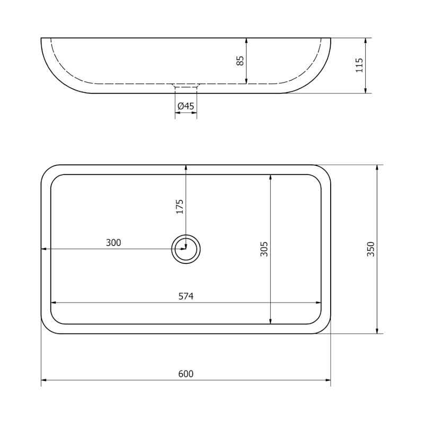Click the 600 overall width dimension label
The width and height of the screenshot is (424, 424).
coord(186,374)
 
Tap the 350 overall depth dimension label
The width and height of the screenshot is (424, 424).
coord(370,249)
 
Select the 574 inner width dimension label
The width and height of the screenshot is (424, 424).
coord(186,296)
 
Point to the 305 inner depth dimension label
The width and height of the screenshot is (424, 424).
coord(263,249)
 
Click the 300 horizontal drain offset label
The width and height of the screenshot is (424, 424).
coord(113,243)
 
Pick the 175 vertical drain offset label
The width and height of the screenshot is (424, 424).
coord(180,207)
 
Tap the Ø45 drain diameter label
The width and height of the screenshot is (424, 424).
coord(186,107)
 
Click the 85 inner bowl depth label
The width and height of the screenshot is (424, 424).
coord(240,60)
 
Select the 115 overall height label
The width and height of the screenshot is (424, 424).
coord(359,65)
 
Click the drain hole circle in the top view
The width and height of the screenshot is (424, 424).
coord(186,235)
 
